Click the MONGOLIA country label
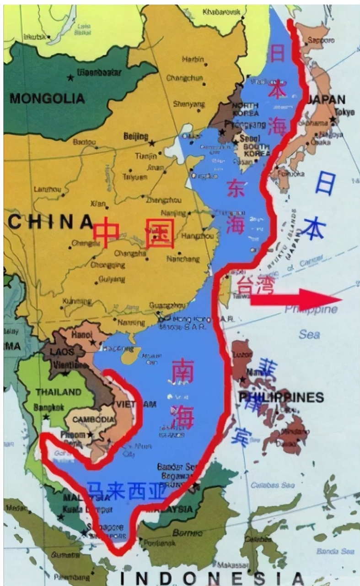47,98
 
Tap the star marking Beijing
152,143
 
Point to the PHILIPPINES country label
281,397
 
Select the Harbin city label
193,60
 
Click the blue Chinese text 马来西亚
127,492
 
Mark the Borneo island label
188,533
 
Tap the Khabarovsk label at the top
218,11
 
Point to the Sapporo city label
320,40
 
